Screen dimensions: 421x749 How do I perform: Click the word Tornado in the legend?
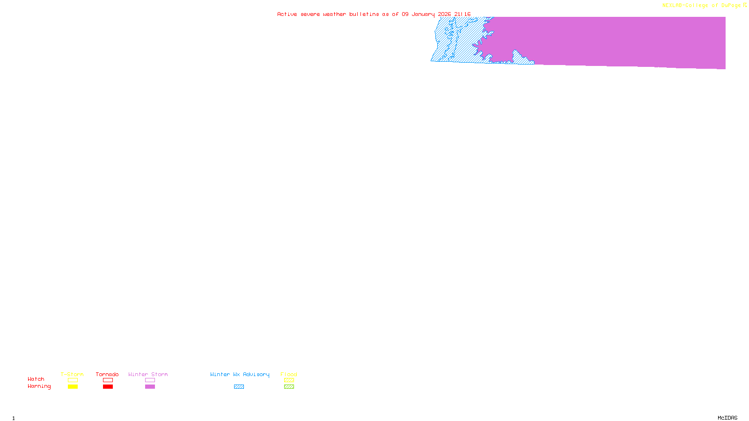[x=107, y=374]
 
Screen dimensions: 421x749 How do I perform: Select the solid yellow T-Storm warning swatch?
[x=73, y=387]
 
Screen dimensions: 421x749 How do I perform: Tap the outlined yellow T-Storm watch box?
[x=73, y=380]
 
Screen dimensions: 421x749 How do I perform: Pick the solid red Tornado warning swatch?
[x=108, y=387]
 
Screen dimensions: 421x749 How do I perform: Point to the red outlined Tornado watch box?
[x=108, y=380]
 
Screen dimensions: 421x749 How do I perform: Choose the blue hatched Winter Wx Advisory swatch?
[x=239, y=387]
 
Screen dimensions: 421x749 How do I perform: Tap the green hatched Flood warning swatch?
[x=289, y=387]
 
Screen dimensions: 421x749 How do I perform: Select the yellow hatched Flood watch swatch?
[x=289, y=380]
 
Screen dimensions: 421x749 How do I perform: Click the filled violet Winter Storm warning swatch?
[x=150, y=387]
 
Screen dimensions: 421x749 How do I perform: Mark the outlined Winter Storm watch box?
[x=150, y=380]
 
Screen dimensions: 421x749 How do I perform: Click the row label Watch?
[x=36, y=379]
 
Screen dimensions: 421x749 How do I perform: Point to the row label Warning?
[x=39, y=386]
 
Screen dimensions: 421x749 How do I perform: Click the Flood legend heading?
[x=289, y=374]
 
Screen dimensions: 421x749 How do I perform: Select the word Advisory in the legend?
[x=256, y=374]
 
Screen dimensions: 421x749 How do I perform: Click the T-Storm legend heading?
[x=72, y=374]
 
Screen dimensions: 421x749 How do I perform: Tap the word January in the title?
[x=423, y=15]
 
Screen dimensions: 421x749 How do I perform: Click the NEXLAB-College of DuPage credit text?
[x=702, y=6]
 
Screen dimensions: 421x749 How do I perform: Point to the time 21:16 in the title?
[x=463, y=15]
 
